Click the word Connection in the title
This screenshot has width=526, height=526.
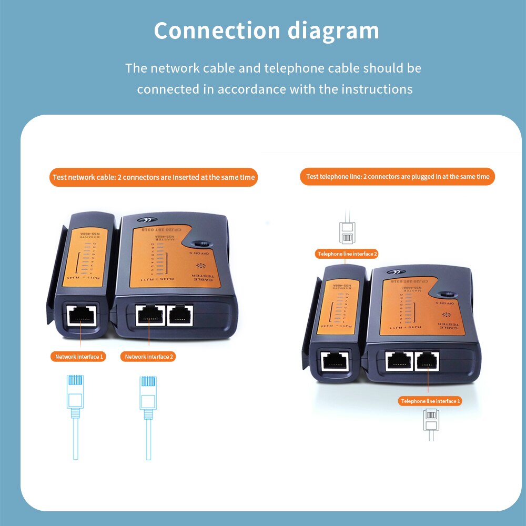(216, 31)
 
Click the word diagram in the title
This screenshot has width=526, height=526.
(333, 31)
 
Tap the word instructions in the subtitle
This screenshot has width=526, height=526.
(377, 89)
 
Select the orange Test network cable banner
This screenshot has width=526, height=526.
(154, 177)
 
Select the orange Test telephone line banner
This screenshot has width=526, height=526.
(398, 177)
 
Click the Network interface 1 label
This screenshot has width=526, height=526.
(80, 357)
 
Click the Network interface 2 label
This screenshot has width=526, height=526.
(148, 357)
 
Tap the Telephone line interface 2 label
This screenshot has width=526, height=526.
(347, 254)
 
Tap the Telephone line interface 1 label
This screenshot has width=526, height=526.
(430, 401)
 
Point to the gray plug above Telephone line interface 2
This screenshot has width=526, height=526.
(347, 231)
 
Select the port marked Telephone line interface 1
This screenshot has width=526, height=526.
(428, 360)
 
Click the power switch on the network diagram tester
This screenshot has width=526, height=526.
(201, 244)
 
